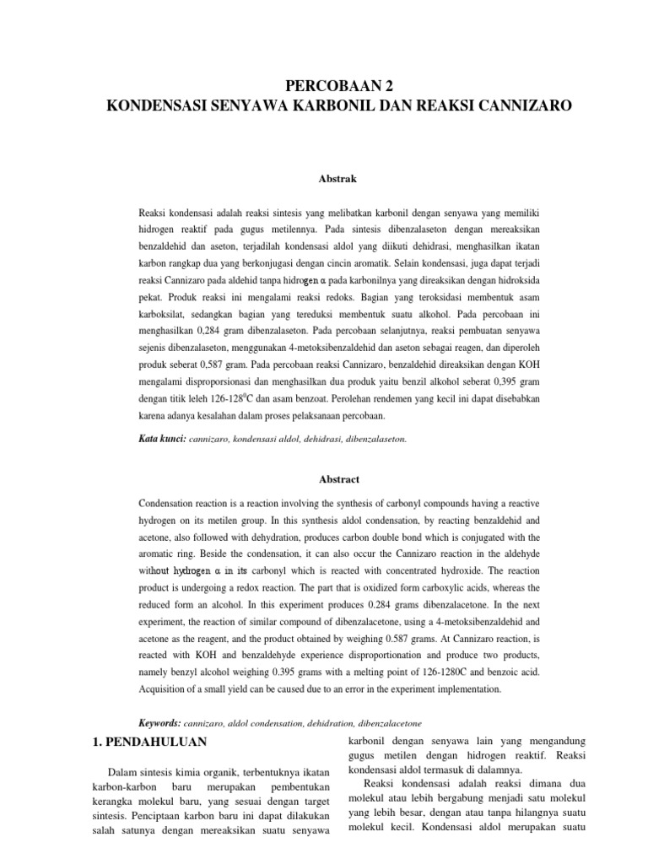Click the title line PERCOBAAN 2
point(323,86)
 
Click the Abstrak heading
point(324,179)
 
